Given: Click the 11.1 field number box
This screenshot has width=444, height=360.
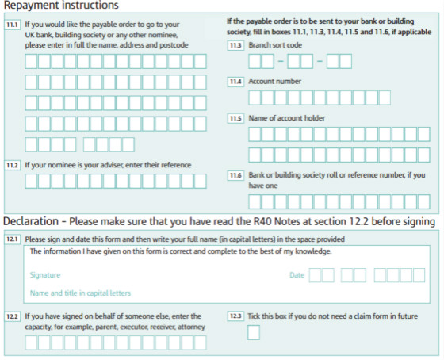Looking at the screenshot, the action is tap(12, 25).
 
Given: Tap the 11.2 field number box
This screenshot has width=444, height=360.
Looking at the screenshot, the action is tap(12, 165).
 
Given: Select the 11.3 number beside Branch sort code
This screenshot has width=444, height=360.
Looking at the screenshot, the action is tap(235, 45).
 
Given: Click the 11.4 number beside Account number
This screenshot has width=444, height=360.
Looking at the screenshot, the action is tap(235, 82).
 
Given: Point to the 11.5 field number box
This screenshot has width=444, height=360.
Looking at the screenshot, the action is tap(235, 118).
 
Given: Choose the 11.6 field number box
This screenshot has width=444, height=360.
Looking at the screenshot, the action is tap(235, 175).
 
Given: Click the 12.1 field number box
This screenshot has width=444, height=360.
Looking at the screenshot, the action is tap(12, 239).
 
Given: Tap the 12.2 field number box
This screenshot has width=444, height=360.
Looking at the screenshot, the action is tap(12, 316).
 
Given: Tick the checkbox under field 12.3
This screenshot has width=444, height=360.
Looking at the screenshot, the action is tap(254, 332).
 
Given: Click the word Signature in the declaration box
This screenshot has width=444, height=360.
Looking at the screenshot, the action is tap(45, 275).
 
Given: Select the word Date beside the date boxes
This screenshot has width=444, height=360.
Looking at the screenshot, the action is tap(297, 275).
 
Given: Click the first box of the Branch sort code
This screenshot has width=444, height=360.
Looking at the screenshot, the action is tap(255, 62).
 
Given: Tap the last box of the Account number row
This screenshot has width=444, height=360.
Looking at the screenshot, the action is tap(385, 98).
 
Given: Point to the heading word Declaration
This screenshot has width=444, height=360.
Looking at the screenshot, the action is tap(31, 221).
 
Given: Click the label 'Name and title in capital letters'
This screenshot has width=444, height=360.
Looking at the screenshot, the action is tap(80, 293).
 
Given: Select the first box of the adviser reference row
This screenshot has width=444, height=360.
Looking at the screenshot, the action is tap(31, 182).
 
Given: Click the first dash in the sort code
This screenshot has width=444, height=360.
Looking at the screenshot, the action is tap(281, 61).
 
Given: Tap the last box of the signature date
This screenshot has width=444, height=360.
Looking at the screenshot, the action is tap(419, 275).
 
